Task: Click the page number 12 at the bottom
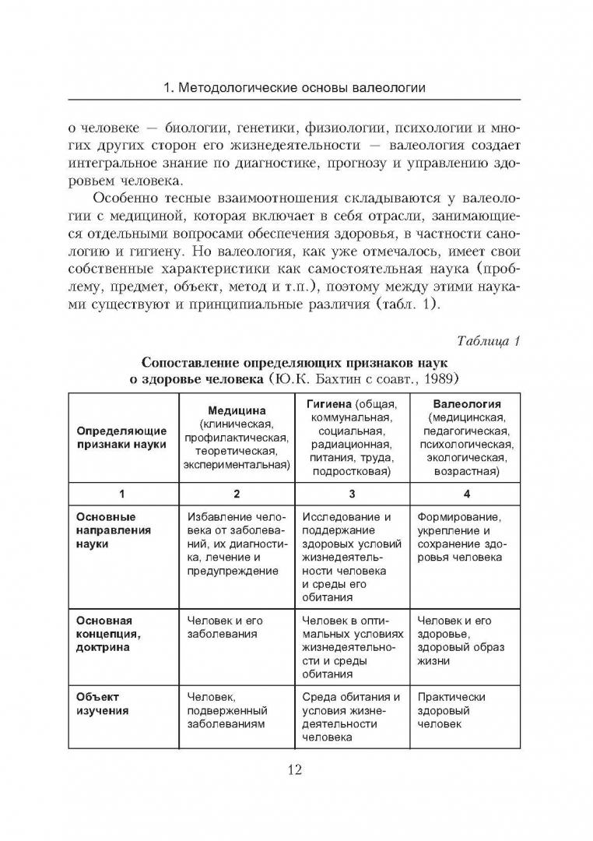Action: pos(295,770)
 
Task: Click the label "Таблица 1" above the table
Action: pos(488,341)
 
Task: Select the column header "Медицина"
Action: pos(237,410)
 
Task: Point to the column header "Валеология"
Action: pos(466,404)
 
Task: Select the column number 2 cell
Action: pos(237,494)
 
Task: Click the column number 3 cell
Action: pos(352,494)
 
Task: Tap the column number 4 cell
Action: pos(466,494)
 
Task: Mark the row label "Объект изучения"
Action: pos(103,703)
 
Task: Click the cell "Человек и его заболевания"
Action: pos(226,628)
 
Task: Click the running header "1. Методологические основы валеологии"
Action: pos(295,87)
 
